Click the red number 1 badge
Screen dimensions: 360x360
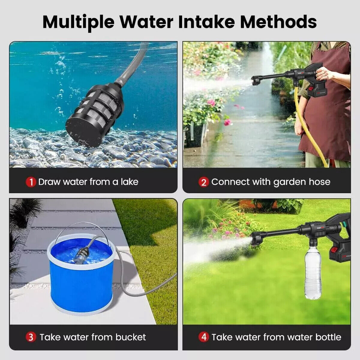[x=31, y=182]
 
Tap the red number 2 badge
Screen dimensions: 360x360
[x=204, y=182]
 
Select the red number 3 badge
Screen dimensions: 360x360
[x=31, y=337]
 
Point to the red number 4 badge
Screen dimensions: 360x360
[x=204, y=337]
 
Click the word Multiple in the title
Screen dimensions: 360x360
[x=78, y=22]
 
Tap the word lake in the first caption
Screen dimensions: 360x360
[x=129, y=182]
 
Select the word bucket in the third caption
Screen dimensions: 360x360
[x=130, y=337]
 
